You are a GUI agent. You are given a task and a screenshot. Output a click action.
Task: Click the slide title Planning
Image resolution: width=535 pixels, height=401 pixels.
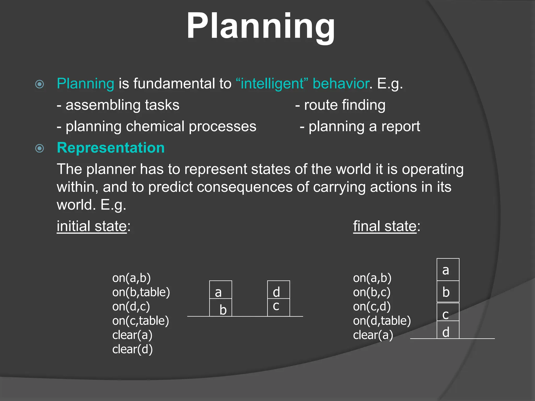point(261,26)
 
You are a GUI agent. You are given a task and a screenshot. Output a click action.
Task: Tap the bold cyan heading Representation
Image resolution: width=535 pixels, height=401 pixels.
point(111,148)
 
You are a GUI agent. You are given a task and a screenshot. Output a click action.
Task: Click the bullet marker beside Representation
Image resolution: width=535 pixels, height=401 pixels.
point(39,149)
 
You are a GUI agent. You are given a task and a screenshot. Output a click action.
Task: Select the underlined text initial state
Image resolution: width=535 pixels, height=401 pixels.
point(92,226)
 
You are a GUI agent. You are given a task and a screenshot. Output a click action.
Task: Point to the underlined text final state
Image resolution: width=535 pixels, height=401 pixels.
point(385,226)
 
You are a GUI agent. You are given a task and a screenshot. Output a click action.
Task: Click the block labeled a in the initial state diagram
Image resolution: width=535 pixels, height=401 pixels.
point(220,290)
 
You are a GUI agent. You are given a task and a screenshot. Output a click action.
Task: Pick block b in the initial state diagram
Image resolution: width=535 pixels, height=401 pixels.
point(221,308)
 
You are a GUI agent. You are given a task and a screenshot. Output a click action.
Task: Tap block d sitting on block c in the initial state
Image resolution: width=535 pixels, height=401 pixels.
point(278,290)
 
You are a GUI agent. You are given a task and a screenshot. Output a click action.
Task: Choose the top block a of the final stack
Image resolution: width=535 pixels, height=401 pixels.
point(448,270)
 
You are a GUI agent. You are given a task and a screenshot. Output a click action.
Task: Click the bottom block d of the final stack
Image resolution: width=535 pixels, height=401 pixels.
point(448,330)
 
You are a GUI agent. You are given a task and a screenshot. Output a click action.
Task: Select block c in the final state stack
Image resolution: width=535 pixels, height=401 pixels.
point(448,312)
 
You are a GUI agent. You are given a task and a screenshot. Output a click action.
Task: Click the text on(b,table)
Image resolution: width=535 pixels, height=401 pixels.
point(141,292)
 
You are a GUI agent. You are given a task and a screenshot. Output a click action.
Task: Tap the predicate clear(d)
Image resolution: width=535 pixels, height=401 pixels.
point(132,349)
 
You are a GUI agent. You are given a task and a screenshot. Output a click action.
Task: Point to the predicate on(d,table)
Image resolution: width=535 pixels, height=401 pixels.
point(382,321)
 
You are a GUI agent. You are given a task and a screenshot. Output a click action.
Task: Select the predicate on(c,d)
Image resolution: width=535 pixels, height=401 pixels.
point(372,306)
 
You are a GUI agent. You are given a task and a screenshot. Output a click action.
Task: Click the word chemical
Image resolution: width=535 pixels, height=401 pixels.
point(155,127)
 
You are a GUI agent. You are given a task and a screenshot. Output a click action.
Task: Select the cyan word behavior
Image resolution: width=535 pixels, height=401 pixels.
point(341,84)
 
